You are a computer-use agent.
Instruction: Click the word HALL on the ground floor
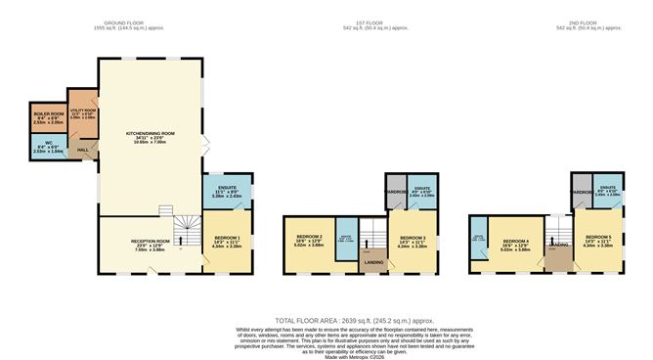(x=81, y=150)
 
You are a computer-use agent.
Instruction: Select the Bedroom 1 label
(x=227, y=242)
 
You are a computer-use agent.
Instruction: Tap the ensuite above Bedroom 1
(x=227, y=192)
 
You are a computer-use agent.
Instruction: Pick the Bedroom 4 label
(x=515, y=243)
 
